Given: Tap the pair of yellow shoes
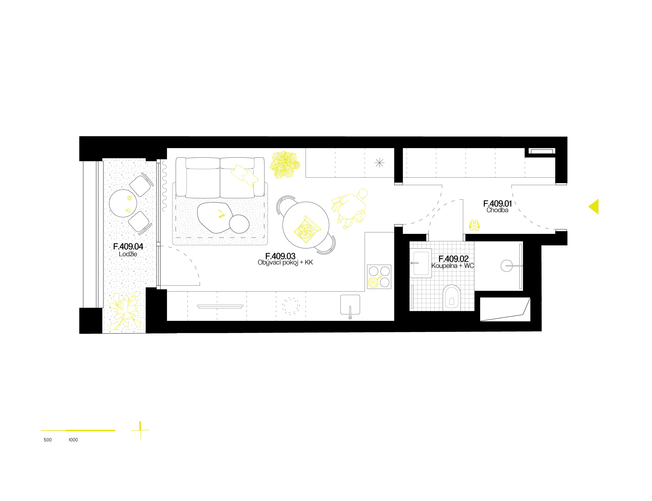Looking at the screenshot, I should tap(474, 225).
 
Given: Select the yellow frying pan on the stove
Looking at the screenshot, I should tap(374, 282).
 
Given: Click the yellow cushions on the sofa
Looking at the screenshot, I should tap(245, 175).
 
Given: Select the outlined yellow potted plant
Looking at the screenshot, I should tap(125, 311).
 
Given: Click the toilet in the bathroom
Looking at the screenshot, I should tap(452, 298).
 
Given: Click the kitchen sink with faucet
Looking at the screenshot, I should tap(350, 305).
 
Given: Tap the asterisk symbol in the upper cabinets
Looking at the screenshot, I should tap(379, 163).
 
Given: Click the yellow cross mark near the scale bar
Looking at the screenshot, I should tap(140, 430).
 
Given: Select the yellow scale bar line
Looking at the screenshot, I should tap(78, 430).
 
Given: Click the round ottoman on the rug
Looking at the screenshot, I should tap(239, 224).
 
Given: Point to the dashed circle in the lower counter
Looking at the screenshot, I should tap(291, 306).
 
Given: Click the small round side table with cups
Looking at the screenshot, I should tap(123, 203).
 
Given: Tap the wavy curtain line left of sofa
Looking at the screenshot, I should tap(164, 186).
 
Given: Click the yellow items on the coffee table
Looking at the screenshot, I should tap(221, 214).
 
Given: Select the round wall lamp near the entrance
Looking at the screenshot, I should tap(506, 266).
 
